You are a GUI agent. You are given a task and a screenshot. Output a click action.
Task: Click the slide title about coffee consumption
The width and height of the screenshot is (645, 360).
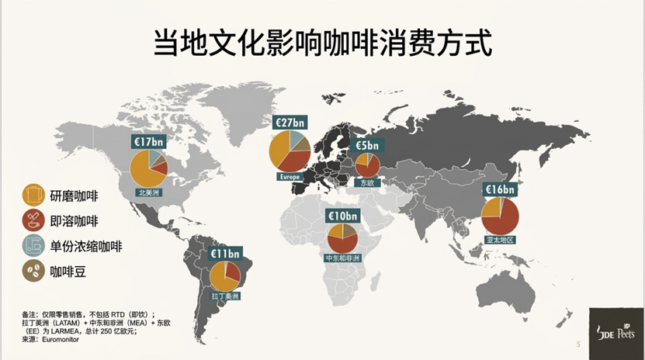(x=322, y=42)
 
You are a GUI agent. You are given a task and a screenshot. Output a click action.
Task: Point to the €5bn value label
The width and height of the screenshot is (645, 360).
(x=367, y=145)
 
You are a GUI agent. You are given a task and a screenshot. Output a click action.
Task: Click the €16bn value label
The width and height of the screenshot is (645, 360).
(x=500, y=189)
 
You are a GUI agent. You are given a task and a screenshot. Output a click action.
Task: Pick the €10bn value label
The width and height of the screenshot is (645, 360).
(x=342, y=216)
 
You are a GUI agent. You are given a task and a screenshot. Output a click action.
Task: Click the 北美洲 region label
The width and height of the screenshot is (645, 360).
(x=149, y=191)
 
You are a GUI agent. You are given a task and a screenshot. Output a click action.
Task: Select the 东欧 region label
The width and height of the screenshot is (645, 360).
(x=367, y=183)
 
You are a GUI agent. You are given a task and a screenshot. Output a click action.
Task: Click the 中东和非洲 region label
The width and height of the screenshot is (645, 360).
(x=342, y=258)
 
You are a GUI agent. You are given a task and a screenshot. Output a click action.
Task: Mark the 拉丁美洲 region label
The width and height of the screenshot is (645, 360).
(x=225, y=296)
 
